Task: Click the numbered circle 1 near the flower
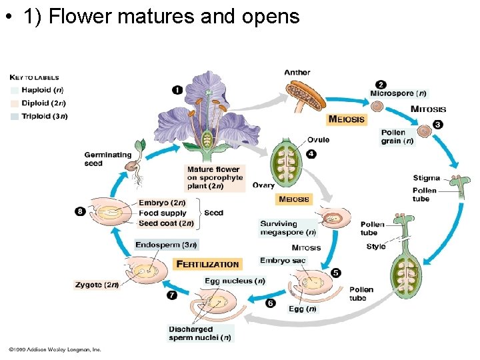point(177,89)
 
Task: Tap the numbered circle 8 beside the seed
point(80,211)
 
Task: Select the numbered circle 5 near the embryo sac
point(335,273)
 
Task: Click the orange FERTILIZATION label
point(207,264)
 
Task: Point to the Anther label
point(297,73)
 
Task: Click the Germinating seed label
point(107,159)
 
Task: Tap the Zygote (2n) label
point(97,285)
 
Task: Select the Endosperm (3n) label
point(166,245)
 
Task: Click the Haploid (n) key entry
point(41,90)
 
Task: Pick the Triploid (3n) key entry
point(44,116)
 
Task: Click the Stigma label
point(426,178)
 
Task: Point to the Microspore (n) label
point(398,93)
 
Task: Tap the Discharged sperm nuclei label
point(200,333)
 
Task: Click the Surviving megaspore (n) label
point(287,228)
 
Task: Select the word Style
point(375,247)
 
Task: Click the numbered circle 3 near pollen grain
point(437,124)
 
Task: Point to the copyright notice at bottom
point(55,349)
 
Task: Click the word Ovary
point(263,185)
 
